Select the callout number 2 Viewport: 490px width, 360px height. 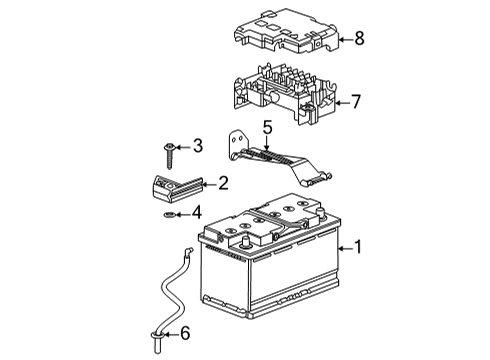224,183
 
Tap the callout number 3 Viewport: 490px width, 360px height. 198,146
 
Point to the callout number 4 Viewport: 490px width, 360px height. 197,212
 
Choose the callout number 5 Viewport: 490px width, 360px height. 267,127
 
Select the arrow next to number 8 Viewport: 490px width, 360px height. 343,40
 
